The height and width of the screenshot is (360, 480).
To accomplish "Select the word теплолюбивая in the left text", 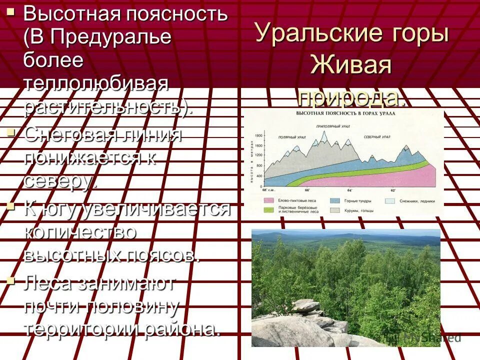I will (x=95, y=83).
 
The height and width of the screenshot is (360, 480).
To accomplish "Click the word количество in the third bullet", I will (x=80, y=231).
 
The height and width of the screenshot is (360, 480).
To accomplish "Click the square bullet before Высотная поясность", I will (x=10, y=11).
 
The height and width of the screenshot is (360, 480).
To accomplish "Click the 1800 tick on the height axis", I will (x=258, y=136).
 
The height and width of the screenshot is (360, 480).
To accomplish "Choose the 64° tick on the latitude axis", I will (x=349, y=190).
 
